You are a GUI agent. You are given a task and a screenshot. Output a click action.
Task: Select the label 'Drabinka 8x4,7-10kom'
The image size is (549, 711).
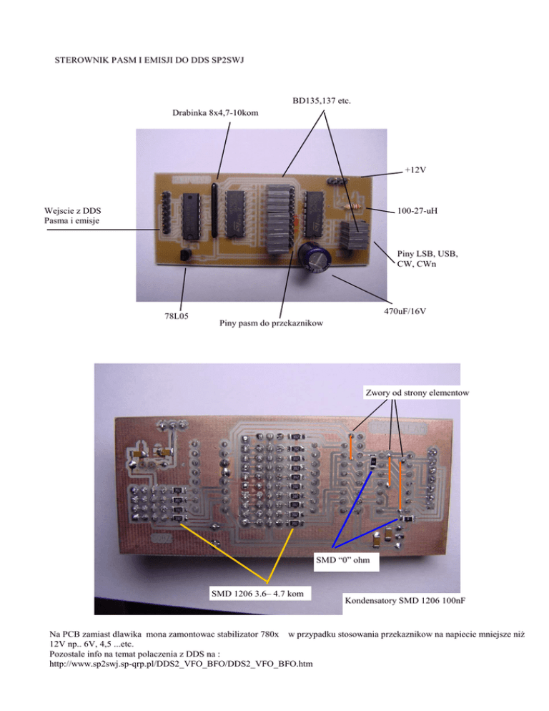pos(215,113)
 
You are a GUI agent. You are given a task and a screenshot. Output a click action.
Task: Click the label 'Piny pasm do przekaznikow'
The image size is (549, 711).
pos(268,323)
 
